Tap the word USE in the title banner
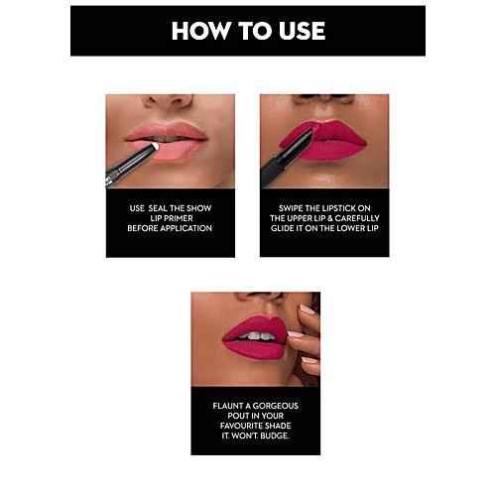[x=298, y=31]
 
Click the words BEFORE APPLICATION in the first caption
[x=170, y=228]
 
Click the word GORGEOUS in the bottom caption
[x=277, y=407]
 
